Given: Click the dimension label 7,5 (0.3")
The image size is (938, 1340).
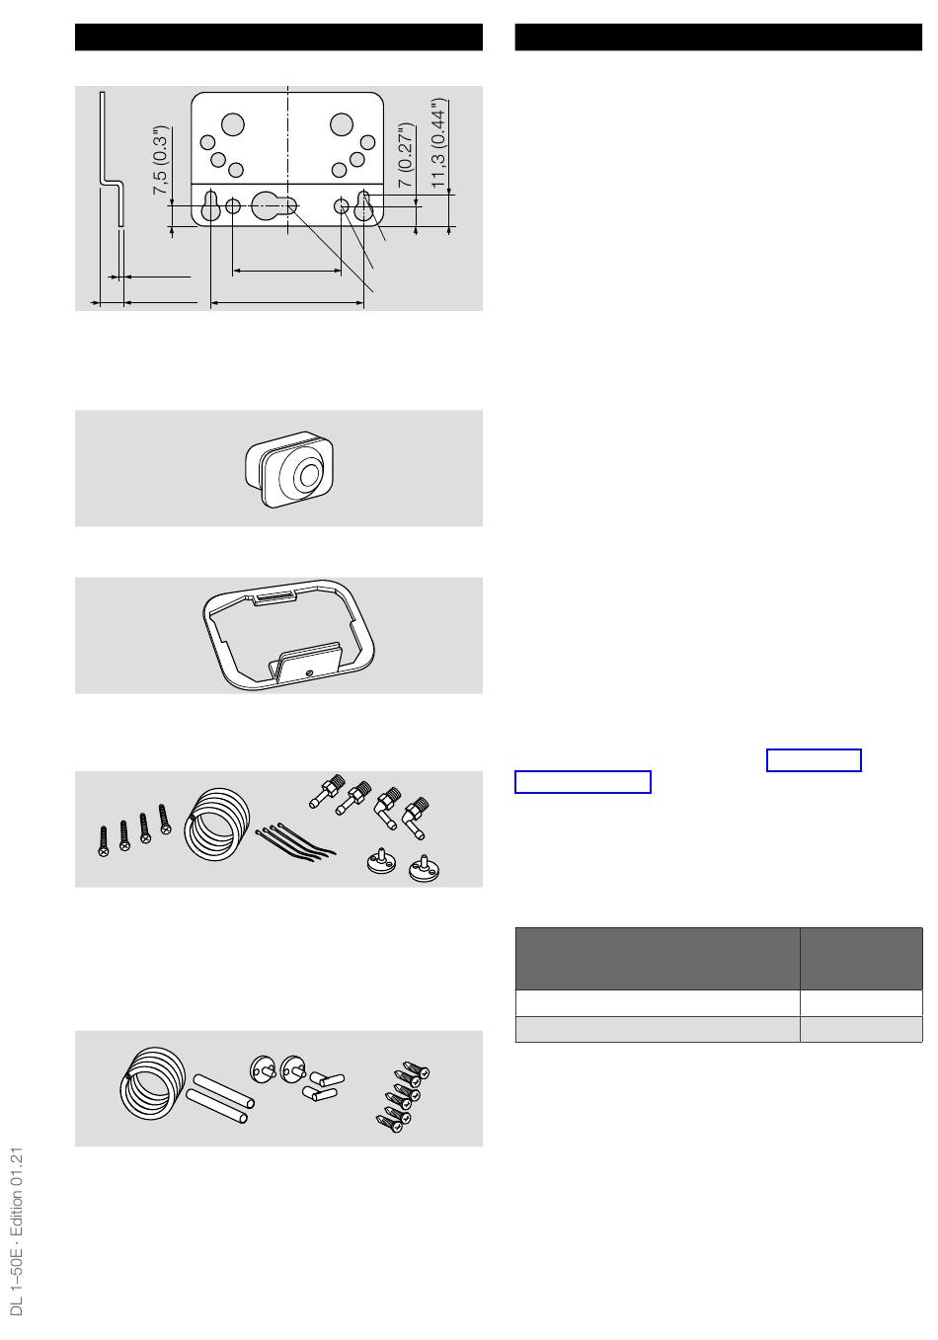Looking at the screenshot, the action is tap(162, 160).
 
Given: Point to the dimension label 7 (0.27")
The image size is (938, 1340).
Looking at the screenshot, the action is tap(406, 156).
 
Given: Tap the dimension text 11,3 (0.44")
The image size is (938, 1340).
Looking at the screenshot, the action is tap(439, 143).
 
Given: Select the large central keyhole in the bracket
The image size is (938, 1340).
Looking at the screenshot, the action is tap(274, 206).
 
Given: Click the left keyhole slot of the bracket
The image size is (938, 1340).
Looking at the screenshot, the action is tap(210, 206).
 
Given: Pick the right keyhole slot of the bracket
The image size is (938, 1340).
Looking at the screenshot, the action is tap(363, 206).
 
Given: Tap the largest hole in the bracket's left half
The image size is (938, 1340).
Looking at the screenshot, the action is tap(233, 125).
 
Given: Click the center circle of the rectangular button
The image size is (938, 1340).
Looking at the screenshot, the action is tap(309, 476).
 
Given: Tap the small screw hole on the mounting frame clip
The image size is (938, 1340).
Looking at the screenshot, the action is tap(309, 673).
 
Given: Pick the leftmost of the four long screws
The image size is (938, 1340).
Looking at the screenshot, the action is tap(104, 841).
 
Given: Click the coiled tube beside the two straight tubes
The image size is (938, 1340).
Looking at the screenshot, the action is tap(152, 1084).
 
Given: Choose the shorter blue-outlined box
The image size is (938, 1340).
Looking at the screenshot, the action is tap(814, 759).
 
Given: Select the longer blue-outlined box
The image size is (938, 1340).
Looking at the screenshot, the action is tap(583, 782).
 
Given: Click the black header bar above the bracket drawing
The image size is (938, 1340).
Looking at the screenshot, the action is tap(278, 38).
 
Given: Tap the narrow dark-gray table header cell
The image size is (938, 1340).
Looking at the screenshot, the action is tap(861, 958).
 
